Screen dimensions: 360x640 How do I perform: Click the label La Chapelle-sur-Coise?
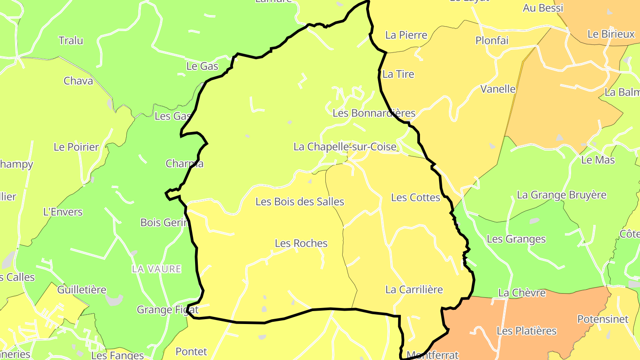pos(345,147)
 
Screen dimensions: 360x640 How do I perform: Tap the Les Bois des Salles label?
pos(300,202)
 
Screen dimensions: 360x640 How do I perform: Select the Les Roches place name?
pos(301,244)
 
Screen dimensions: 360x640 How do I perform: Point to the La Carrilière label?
pos(414,290)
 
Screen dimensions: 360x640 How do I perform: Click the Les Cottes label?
pos(416,197)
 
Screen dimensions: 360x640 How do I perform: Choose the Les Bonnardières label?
pos(374,113)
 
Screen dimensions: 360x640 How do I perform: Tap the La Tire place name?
pos(398,74)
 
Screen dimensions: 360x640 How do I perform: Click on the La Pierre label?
pos(406,35)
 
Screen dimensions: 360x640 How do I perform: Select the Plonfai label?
pos(492,40)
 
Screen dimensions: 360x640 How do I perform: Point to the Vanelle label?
pos(498,89)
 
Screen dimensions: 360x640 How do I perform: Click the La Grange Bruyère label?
pos(562,195)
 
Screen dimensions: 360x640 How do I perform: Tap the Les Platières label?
pos(527,331)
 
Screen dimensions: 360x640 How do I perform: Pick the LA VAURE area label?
pos(156,269)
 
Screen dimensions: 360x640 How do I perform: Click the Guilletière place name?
pos(82,290)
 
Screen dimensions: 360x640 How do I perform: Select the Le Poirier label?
pos(76,147)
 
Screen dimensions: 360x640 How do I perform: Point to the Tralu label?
pos(71,41)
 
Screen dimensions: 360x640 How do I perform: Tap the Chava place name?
pos(78,81)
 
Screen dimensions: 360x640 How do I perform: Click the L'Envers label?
pos(63,212)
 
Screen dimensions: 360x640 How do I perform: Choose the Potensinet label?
pos(603,319)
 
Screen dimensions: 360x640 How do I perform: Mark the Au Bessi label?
pos(543,8)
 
